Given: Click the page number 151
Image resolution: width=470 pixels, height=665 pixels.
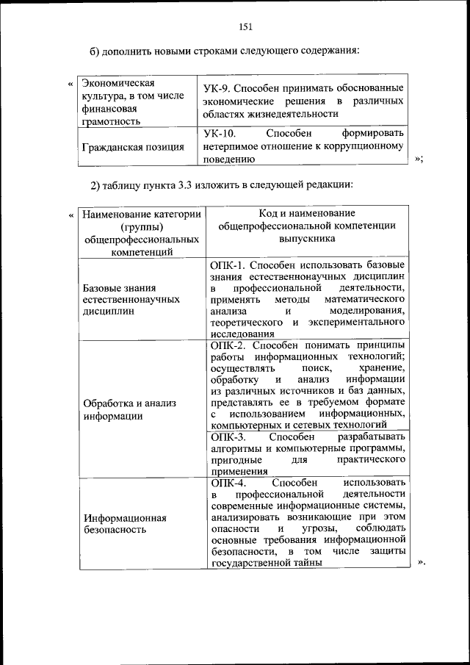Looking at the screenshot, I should [x=245, y=27].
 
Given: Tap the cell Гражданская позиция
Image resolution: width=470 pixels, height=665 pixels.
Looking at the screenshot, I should [x=133, y=146].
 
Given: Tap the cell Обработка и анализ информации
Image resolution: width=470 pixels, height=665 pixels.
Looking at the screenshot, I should [x=129, y=409].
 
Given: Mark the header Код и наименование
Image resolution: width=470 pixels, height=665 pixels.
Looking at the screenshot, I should [x=307, y=212].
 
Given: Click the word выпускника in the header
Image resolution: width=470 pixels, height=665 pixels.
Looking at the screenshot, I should [x=306, y=238].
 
